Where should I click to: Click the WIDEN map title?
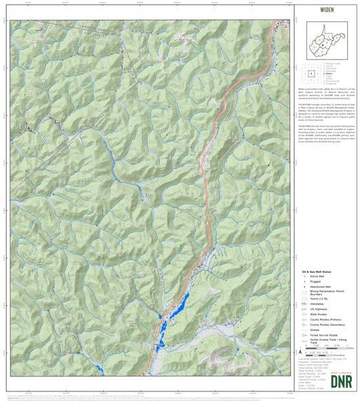(x=327, y=10)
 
